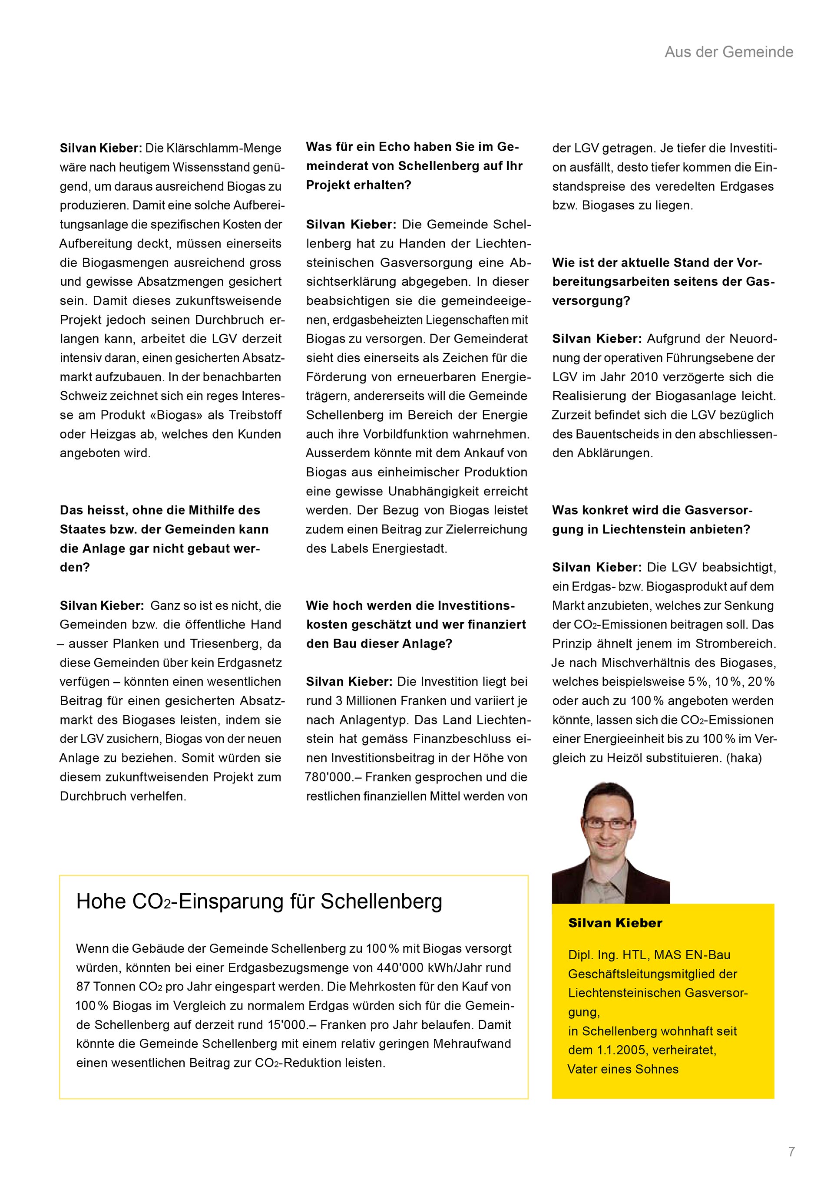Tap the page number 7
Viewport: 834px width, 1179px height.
click(791, 1152)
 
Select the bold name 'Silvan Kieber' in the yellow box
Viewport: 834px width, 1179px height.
click(615, 923)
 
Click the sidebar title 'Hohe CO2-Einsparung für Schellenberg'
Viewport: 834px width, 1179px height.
click(259, 901)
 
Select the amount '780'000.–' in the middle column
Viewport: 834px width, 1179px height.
click(333, 777)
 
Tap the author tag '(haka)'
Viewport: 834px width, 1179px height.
click(744, 758)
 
